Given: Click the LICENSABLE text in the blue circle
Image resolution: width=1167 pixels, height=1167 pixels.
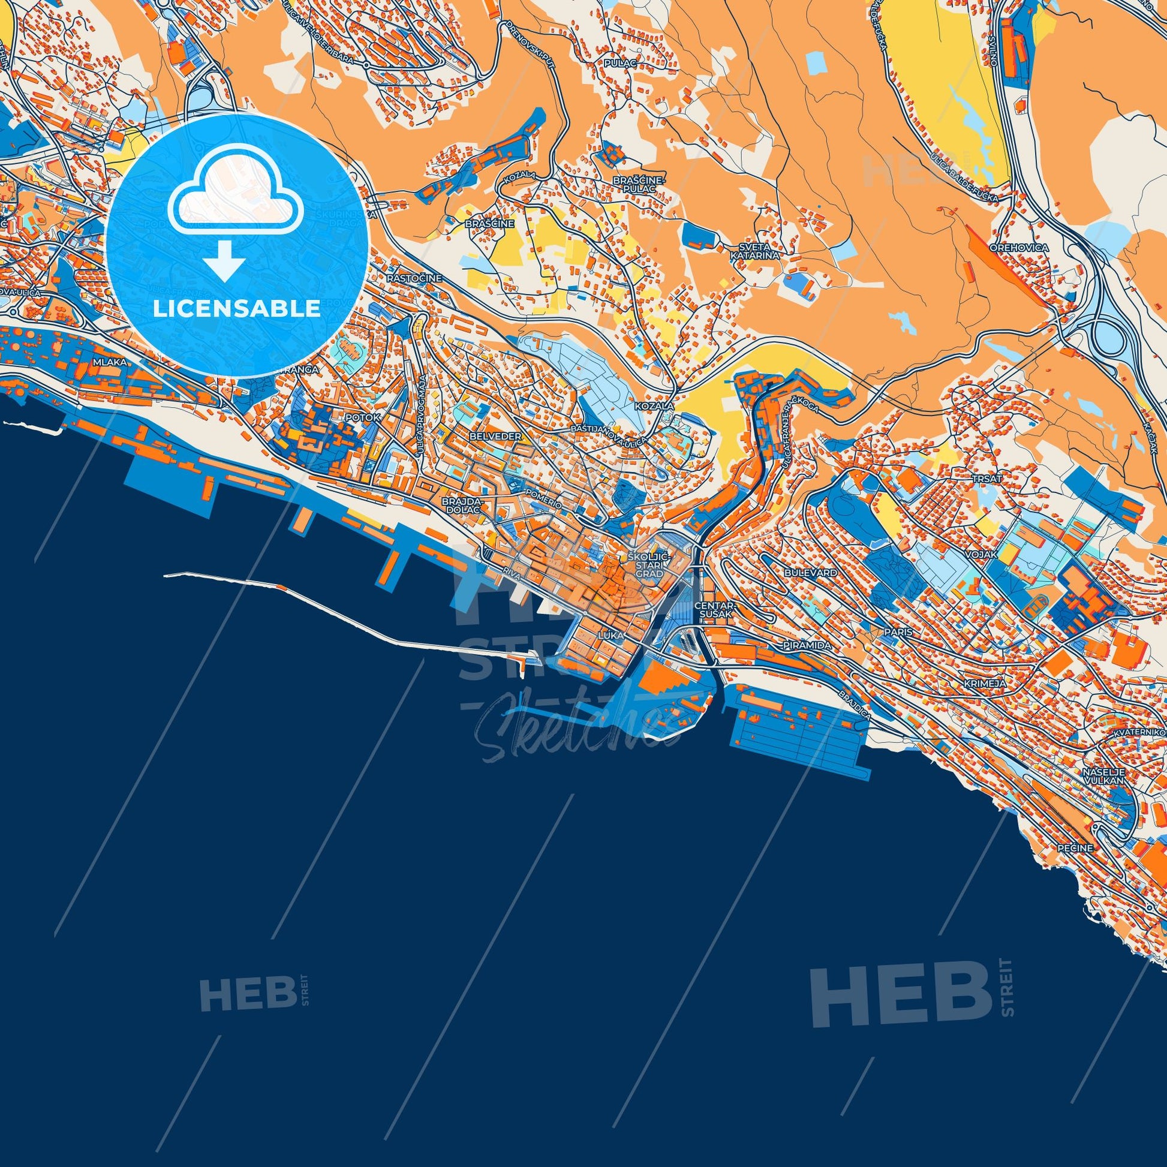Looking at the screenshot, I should pos(237,309).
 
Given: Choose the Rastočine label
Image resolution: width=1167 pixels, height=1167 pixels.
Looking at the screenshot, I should pos(414,278).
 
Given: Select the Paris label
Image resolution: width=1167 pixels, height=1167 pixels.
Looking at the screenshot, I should pos(897,631).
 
